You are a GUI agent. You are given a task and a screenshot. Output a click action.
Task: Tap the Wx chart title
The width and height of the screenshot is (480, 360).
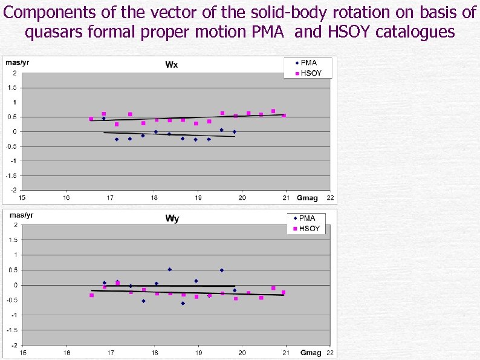tap(172, 65)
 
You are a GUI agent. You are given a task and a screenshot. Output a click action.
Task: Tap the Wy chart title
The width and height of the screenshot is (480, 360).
tap(172, 218)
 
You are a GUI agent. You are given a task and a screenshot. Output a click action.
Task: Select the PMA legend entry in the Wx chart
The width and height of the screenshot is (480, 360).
tap(308, 63)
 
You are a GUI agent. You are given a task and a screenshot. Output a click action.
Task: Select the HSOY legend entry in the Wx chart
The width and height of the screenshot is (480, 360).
tap(310, 73)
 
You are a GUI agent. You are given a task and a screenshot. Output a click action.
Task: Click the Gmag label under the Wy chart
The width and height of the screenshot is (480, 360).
tap(311, 353)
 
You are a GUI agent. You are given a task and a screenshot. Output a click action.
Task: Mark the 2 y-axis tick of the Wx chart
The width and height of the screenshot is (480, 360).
tap(15, 73)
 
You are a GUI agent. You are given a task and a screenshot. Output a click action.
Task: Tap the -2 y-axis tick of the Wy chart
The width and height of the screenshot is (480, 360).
tap(14, 345)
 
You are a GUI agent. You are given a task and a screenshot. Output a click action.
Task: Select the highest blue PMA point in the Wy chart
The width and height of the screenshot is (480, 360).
tap(170, 269)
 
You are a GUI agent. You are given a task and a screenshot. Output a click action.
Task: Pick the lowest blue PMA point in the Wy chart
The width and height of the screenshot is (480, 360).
tap(183, 303)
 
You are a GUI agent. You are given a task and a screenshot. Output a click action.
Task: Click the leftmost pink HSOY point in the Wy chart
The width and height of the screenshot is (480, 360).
tap(91, 295)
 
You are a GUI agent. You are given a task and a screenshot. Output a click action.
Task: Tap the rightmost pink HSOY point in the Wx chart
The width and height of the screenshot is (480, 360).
tap(284, 115)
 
